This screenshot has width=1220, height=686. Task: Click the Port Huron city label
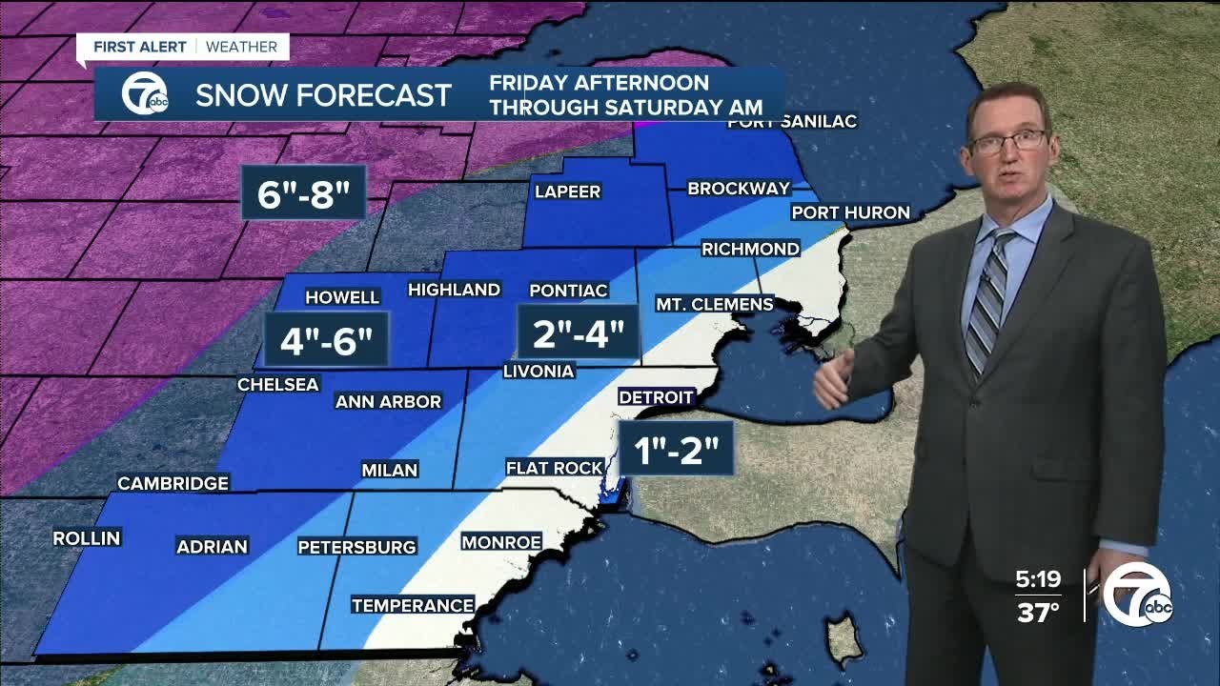pyautogui.click(x=850, y=212)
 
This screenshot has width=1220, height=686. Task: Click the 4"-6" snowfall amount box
pyautogui.click(x=326, y=340)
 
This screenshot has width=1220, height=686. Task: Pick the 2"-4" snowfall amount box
pyautogui.click(x=578, y=333)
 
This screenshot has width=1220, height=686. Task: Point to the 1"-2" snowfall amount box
pyautogui.click(x=676, y=449)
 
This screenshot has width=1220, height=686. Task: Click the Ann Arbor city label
pyautogui.click(x=388, y=402)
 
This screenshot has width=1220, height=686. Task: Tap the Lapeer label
pyautogui.click(x=567, y=192)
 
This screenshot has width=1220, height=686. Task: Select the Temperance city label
pyautogui.click(x=413, y=605)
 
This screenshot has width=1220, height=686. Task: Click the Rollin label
pyautogui.click(x=87, y=538)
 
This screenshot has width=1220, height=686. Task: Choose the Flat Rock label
pyautogui.click(x=554, y=468)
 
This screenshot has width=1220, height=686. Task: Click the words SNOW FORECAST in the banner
pyautogui.click(x=323, y=95)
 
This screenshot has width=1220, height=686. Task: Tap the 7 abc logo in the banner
pyautogui.click(x=145, y=94)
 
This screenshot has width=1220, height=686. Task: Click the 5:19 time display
pyautogui.click(x=1038, y=578)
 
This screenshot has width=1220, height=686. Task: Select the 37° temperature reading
pyautogui.click(x=1038, y=612)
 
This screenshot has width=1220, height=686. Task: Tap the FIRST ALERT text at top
pyautogui.click(x=133, y=47)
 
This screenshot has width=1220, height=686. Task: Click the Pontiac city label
pyautogui.click(x=568, y=290)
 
